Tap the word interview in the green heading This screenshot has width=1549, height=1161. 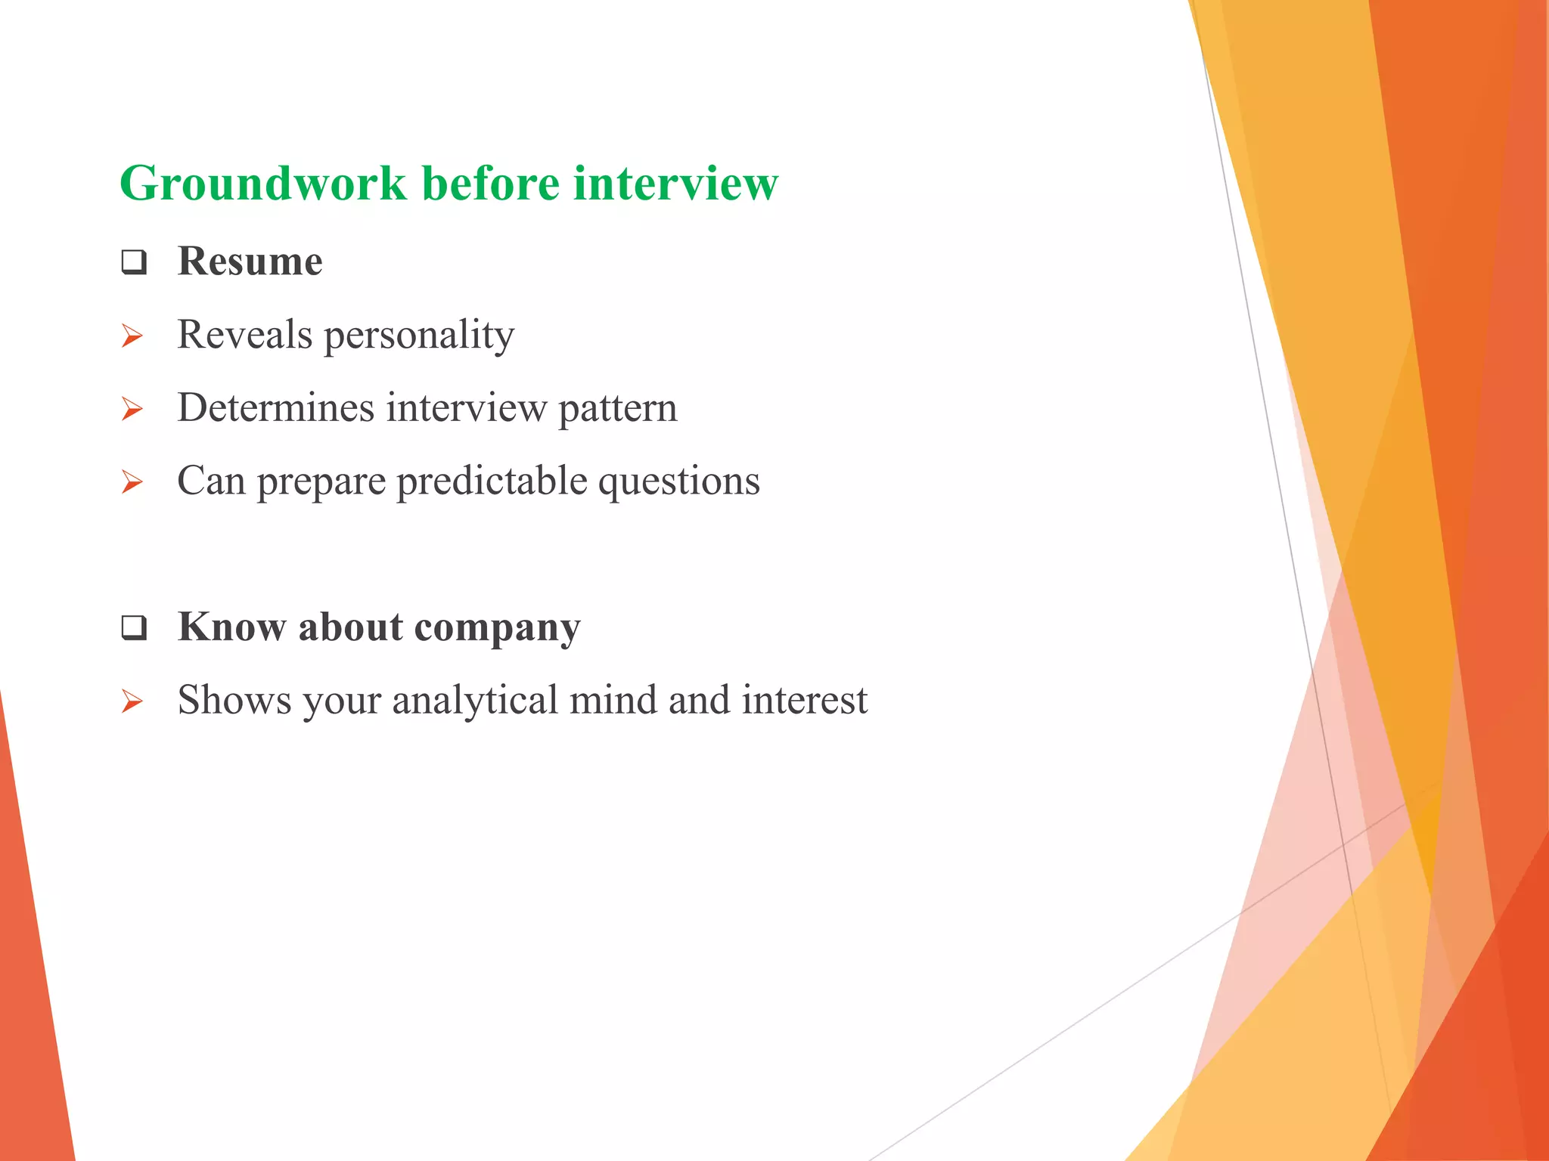click(675, 184)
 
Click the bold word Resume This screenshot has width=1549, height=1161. click(250, 262)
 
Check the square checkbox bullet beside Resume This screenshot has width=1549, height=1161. click(134, 262)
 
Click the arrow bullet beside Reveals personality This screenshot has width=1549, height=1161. click(132, 336)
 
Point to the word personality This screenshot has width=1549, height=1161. click(419, 336)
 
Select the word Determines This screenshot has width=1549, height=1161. click(275, 408)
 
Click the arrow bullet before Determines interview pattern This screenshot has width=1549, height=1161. click(132, 409)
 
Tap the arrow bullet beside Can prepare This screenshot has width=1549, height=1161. click(132, 481)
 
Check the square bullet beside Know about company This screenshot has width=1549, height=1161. click(134, 627)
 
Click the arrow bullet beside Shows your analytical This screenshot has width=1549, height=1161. click(132, 701)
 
